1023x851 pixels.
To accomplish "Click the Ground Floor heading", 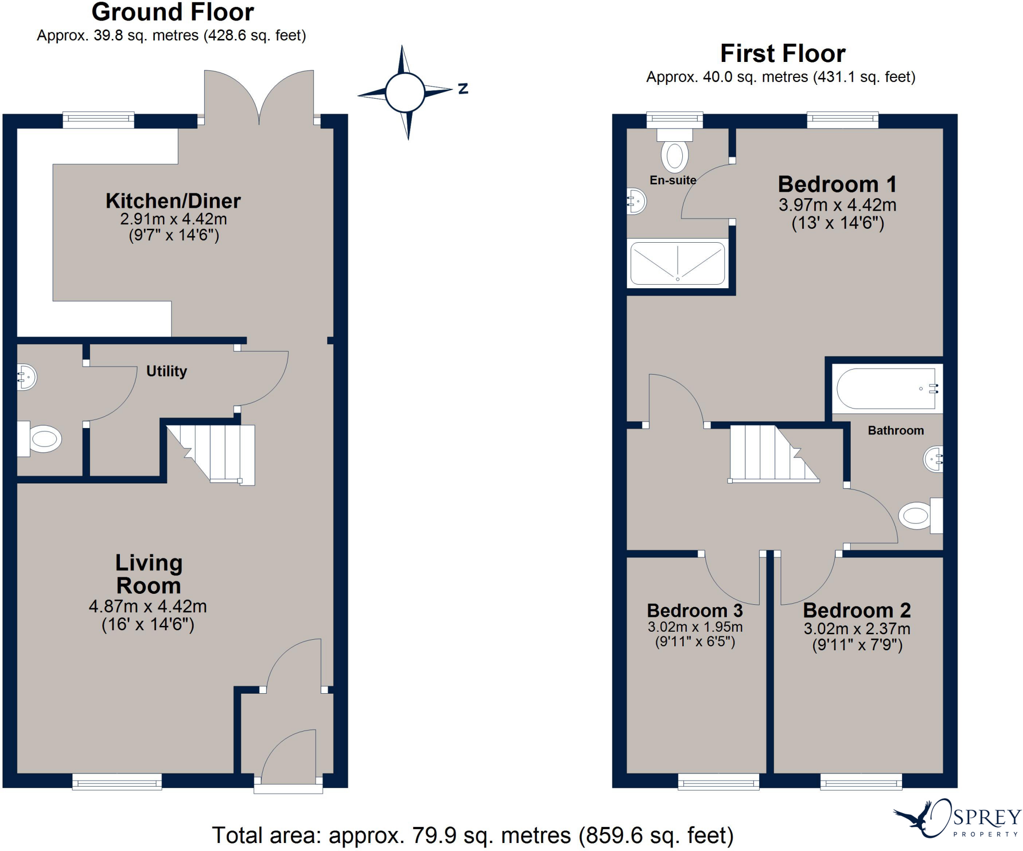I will coord(173,12).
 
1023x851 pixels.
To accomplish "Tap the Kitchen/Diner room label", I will coord(173,201).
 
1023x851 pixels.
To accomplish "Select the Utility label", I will coord(166,371).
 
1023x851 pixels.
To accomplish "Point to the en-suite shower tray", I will coord(677,264).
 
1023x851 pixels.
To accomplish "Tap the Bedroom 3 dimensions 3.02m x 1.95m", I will coord(695,627).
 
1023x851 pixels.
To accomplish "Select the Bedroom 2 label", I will coord(857,610).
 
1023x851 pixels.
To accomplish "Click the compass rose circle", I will coord(405,92).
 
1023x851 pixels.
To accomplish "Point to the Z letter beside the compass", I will coord(463,89).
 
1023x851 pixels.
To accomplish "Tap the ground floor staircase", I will coord(220,452).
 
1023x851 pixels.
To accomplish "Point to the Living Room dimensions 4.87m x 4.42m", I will coord(148,606).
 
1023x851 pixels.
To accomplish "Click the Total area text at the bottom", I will coord(473,835).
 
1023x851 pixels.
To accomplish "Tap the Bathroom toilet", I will coord(917,515).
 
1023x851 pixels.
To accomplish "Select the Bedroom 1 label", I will coord(837,184).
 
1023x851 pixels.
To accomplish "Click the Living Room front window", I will coord(117,782).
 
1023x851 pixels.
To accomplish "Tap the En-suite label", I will coord(672,180).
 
